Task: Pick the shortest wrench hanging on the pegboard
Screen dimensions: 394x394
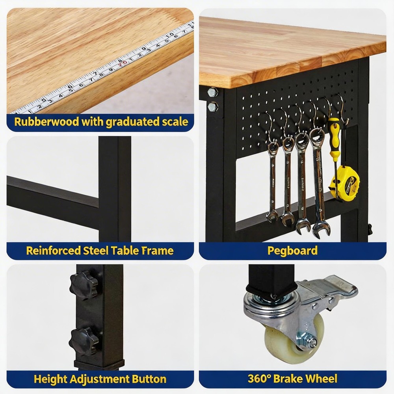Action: click(x=272, y=181)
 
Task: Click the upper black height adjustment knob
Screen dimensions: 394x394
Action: click(x=83, y=283)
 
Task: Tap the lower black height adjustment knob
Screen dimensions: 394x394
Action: click(x=83, y=340)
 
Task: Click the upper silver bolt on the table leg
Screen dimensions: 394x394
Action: click(x=213, y=92)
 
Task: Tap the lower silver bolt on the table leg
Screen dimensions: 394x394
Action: click(x=213, y=106)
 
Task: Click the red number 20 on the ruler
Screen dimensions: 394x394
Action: click(x=123, y=62)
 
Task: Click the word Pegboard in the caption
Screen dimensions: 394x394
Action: click(x=292, y=251)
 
